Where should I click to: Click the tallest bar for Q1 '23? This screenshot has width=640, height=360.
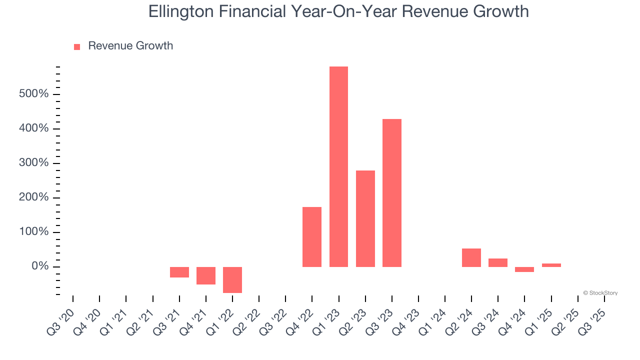(x=338, y=166)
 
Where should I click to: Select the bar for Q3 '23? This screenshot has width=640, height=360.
(x=392, y=192)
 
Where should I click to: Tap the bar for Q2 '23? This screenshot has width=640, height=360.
(x=365, y=218)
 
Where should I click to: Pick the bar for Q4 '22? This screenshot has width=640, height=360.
(x=312, y=236)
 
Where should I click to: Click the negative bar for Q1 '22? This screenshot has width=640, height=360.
(x=232, y=279)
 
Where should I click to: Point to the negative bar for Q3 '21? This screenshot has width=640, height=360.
(x=179, y=272)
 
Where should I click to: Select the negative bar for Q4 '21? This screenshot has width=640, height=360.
(x=206, y=275)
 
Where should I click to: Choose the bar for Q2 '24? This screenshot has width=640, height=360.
(x=471, y=257)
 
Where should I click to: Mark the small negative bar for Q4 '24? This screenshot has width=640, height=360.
(x=524, y=269)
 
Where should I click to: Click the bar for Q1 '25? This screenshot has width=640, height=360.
(x=551, y=265)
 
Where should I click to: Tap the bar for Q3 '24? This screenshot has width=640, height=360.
(x=498, y=262)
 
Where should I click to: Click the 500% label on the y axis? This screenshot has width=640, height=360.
(x=34, y=94)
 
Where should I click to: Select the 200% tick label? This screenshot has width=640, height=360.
(x=34, y=197)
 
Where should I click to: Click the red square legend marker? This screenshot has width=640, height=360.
(x=77, y=47)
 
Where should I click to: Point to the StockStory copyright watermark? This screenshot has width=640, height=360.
(x=600, y=293)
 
